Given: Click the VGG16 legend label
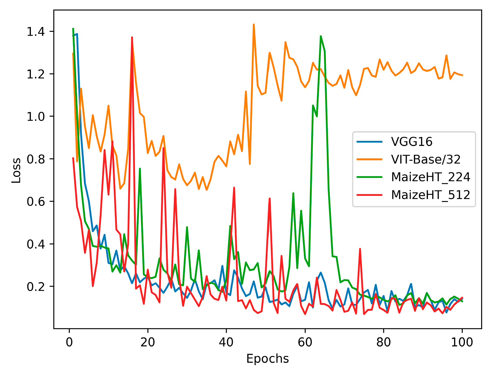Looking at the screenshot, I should (x=412, y=142).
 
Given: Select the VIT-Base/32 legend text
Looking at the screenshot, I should (x=426, y=160).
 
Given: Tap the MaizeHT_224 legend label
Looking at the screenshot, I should (x=430, y=177).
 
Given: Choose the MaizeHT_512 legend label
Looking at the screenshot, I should (x=430, y=195).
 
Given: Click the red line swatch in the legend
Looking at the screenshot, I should (x=370, y=195).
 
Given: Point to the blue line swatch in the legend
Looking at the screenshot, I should (x=370, y=142).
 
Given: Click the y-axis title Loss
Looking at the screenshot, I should (x=16, y=170).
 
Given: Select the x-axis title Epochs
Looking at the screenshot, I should (x=267, y=359).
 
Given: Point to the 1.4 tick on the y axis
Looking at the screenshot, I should (x=36, y=32).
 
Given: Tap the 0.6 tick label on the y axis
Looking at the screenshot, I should (x=36, y=202).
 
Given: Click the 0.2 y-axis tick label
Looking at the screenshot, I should (x=36, y=287).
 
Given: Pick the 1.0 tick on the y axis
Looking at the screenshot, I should (x=36, y=117).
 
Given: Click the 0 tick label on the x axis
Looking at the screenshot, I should (x=69, y=342).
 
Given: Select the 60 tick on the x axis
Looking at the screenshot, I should (x=305, y=342).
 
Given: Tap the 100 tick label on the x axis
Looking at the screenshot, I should (x=462, y=342).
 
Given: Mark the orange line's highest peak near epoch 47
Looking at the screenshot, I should (x=254, y=25).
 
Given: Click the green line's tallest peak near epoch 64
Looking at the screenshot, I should (x=321, y=36).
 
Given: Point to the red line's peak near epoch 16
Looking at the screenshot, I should (x=132, y=37).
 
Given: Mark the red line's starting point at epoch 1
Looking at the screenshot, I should (x=73, y=158).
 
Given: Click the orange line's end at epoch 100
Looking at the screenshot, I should (x=462, y=75).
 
